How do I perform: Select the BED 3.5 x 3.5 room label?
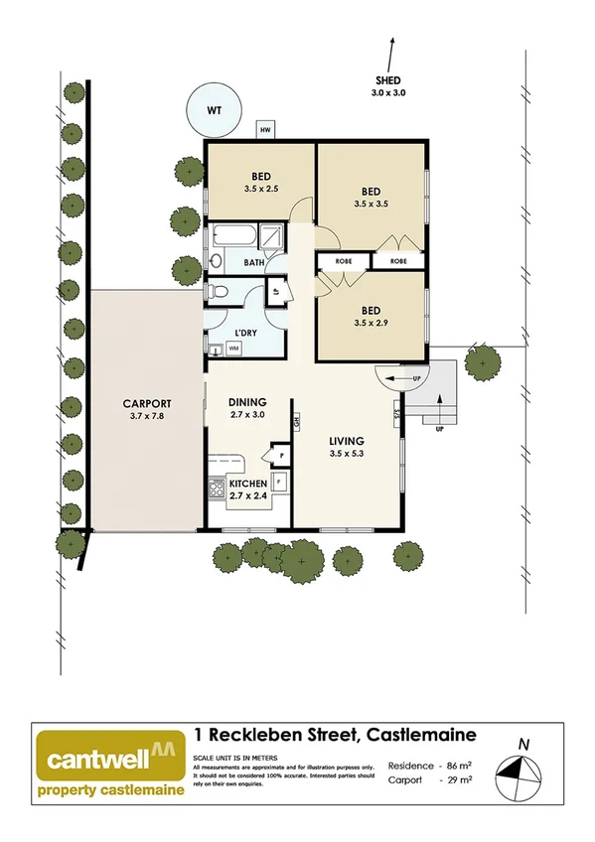click(x=372, y=198)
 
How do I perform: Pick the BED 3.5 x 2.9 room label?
click(x=372, y=316)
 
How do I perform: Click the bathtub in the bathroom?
click(x=228, y=239)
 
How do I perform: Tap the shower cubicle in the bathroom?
click(x=269, y=238)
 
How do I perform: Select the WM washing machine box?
click(x=234, y=350)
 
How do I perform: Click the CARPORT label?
click(x=147, y=410)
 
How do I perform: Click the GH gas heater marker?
click(x=296, y=421)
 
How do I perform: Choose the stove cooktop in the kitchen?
click(x=216, y=488)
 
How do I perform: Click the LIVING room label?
click(x=348, y=447)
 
